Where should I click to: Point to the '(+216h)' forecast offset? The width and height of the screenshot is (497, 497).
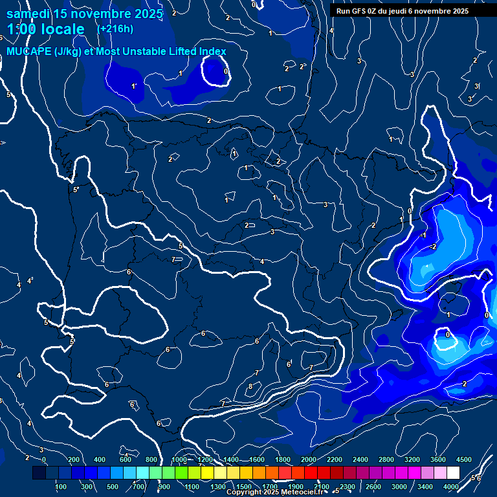[x=115, y=28]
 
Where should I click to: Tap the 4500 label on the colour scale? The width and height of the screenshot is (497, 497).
[x=464, y=459]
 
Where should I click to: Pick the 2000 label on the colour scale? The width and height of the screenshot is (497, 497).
[x=309, y=459]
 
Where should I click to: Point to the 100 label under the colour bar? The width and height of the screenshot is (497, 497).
[x=61, y=487]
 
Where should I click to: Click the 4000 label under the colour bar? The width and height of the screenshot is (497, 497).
[x=451, y=487]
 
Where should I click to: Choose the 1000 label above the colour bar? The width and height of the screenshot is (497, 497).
[x=179, y=459]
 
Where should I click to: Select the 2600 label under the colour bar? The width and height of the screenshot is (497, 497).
[x=373, y=487]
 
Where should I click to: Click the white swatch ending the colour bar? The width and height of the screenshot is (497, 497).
[x=453, y=473]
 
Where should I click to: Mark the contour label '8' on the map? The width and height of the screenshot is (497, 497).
[x=250, y=387]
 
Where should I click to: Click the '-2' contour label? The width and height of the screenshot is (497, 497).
[x=433, y=247]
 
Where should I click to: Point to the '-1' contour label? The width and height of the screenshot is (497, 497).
[x=422, y=236]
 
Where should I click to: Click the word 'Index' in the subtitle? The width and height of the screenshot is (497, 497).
[x=211, y=52]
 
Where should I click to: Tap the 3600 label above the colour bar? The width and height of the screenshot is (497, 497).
[x=438, y=459]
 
